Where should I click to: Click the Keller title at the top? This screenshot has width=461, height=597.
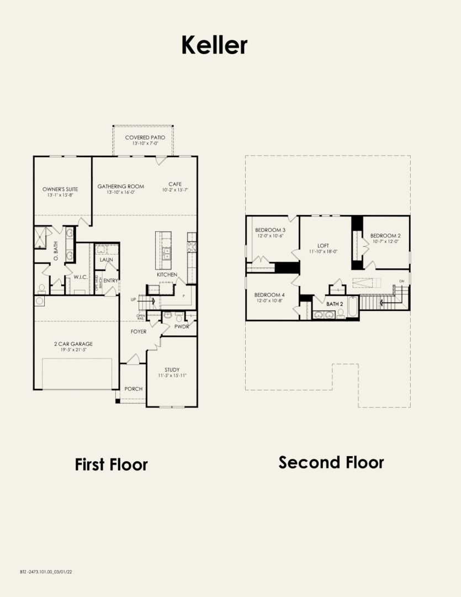(x=214, y=45)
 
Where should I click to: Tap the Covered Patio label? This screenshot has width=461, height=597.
(x=145, y=138)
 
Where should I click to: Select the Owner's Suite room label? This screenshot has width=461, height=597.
(x=60, y=189)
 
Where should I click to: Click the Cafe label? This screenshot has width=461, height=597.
(x=175, y=184)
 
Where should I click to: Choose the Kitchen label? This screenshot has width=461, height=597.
(x=167, y=274)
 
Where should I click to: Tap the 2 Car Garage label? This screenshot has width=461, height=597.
(x=73, y=344)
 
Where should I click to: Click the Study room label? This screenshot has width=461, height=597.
(x=172, y=370)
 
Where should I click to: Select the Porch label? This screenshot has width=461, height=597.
(x=134, y=389)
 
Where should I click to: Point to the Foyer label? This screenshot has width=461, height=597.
(x=138, y=332)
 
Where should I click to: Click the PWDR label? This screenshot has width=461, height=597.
(x=182, y=326)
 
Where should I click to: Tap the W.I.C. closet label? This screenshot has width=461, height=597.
(x=81, y=277)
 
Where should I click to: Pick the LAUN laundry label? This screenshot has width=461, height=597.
(x=106, y=260)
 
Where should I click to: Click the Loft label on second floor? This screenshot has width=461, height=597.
(x=323, y=245)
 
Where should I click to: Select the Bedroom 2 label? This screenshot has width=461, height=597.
(x=385, y=235)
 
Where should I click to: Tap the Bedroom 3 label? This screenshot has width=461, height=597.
(x=270, y=230)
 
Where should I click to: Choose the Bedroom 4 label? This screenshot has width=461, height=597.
(x=269, y=295)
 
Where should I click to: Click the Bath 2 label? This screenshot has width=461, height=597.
(x=335, y=304)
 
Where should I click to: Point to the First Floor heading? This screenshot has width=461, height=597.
(x=111, y=464)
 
